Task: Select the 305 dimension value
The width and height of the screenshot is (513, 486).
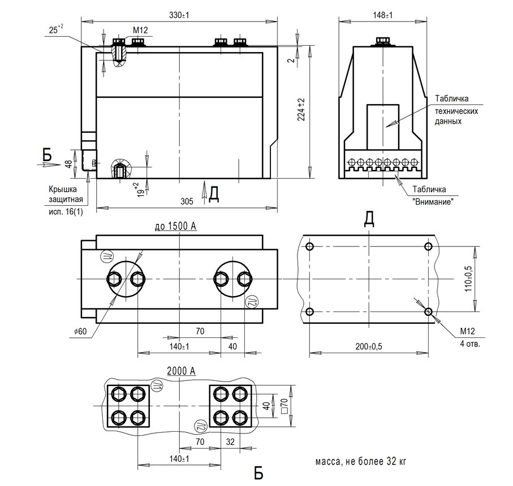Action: (187, 201)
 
